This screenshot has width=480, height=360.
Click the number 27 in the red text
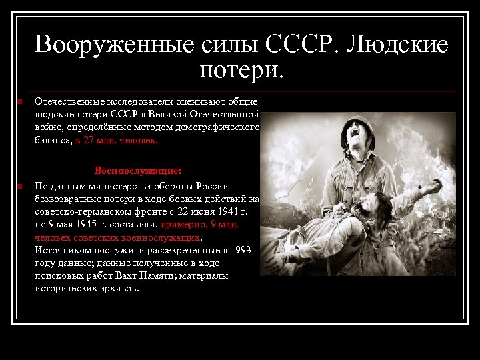[x=89, y=141]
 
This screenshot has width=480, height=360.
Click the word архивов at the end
[x=118, y=289]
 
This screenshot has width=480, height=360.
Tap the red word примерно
[x=183, y=225]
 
